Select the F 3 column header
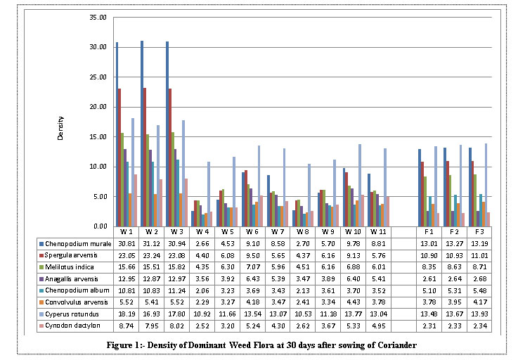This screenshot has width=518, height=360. point(479,231)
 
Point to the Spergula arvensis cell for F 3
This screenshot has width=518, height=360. point(479,252)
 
